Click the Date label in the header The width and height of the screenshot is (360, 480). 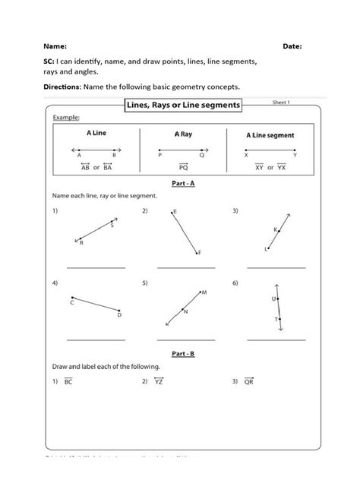292,46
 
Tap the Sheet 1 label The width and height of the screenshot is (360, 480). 281,102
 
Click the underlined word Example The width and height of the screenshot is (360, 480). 65,118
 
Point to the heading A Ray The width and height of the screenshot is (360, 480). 182,134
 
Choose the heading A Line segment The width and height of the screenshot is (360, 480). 271,135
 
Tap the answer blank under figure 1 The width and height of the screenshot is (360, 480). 96,267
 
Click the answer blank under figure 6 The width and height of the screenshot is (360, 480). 276,339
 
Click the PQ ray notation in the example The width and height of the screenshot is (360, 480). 183,166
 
